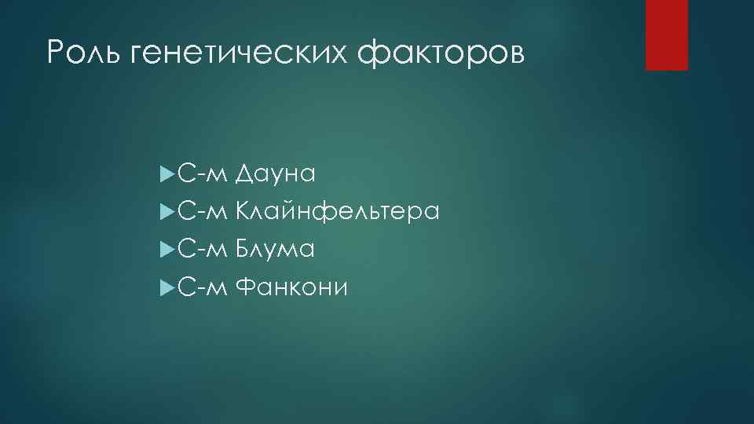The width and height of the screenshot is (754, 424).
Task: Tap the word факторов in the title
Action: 439,53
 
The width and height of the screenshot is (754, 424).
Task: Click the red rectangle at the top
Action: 666,35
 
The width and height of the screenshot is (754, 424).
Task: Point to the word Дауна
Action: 275,174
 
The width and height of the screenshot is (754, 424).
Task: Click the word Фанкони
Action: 291,288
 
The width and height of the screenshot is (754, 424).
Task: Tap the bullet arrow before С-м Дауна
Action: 164,173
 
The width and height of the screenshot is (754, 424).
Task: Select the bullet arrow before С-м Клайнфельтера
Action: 164,211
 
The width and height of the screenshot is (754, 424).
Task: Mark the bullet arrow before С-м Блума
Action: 164,250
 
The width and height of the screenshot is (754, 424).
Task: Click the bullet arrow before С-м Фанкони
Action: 164,288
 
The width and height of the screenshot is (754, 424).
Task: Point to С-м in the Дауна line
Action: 202,174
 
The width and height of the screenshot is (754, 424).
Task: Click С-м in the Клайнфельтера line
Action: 202,211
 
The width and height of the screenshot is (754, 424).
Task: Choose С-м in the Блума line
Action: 202,250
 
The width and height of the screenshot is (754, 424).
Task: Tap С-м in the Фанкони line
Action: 202,288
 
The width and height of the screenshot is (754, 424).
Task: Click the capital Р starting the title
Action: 56,53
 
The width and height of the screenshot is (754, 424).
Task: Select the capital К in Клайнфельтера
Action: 243,211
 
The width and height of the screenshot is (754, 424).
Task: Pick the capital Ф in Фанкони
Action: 245,288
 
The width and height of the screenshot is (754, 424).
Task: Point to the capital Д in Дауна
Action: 244,174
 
